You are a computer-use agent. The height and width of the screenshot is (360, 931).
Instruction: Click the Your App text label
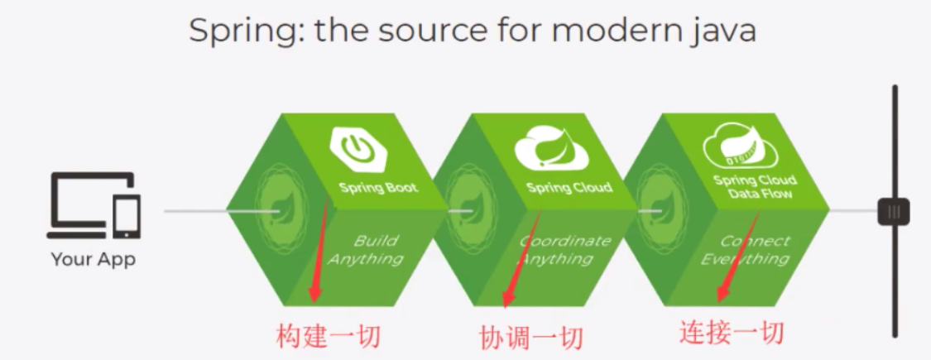94,260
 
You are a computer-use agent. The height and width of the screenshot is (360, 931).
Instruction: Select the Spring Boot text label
378,189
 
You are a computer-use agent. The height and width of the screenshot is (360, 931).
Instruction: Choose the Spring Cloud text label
569,189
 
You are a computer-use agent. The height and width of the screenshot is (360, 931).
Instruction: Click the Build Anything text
367,249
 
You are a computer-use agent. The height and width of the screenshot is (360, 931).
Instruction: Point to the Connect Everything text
747,249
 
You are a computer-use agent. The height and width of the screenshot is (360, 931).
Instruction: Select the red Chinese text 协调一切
530,338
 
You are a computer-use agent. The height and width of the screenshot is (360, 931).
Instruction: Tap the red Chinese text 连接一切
732,333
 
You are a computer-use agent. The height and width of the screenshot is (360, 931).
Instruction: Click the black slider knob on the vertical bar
894,211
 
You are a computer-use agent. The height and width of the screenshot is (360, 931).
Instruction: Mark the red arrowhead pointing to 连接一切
722,293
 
